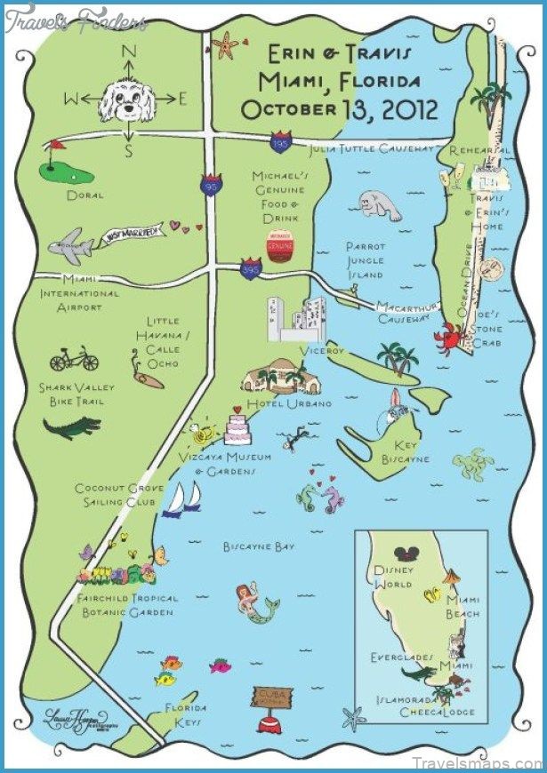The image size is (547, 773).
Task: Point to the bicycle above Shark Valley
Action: pyautogui.click(x=74, y=360)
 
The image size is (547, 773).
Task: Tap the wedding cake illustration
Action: pyautogui.click(x=238, y=426)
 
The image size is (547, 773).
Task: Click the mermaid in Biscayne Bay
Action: pyautogui.click(x=253, y=602)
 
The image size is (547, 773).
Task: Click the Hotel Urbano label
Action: pyautogui.click(x=277, y=403)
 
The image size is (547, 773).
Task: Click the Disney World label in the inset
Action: pyautogui.click(x=393, y=577)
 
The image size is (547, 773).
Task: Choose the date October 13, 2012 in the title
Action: pyautogui.click(x=340, y=109)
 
